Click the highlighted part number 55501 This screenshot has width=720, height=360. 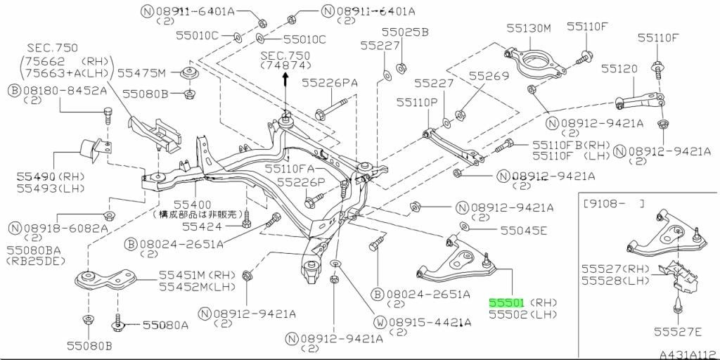pyautogui.click(x=507, y=302)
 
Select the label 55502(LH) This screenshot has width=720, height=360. pyautogui.click(x=523, y=314)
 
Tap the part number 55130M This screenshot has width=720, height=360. pyautogui.click(x=529, y=28)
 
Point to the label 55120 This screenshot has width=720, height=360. pyautogui.click(x=619, y=69)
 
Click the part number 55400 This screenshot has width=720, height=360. pyautogui.click(x=193, y=204)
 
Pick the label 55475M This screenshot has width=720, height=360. pyautogui.click(x=141, y=73)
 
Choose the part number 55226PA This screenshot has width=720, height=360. pyautogui.click(x=329, y=83)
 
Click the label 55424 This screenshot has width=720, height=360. pyautogui.click(x=202, y=226)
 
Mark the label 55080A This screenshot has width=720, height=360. pyautogui.click(x=165, y=326)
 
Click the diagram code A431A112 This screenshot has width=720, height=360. pyautogui.click(x=689, y=355)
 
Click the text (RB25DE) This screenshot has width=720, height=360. pyautogui.click(x=36, y=261)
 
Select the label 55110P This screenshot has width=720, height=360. pyautogui.click(x=417, y=103)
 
